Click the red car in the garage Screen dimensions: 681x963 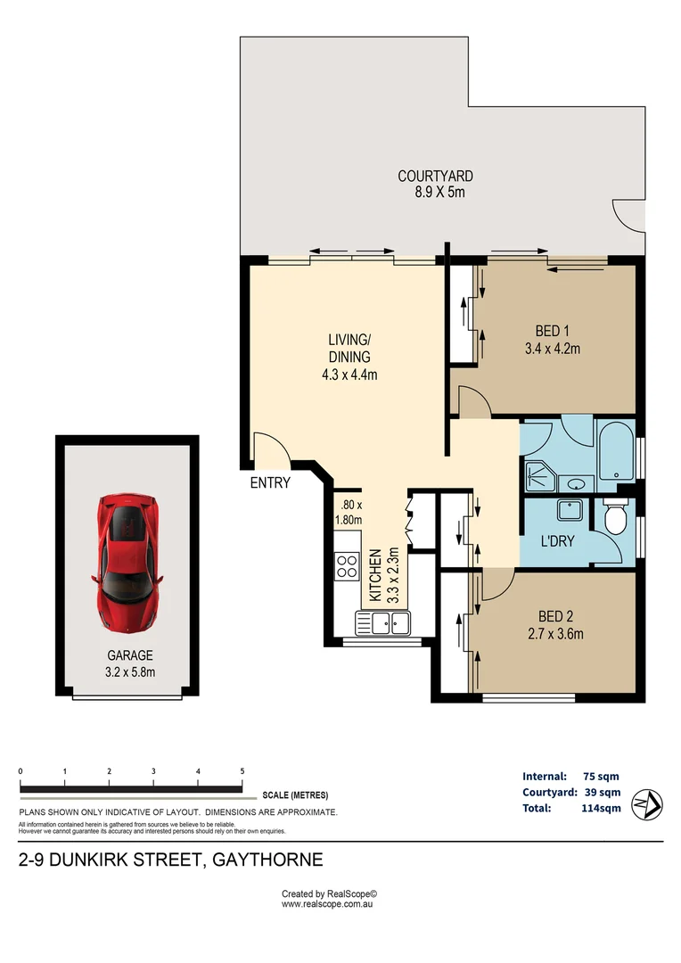point(127,564)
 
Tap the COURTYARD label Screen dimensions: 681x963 point(435,177)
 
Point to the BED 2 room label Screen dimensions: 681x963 point(555,616)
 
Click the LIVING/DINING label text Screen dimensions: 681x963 point(349,349)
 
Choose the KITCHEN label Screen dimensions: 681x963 point(375,575)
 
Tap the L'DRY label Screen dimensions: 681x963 point(557,541)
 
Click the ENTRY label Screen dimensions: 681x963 point(270,482)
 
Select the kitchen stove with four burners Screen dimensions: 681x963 point(347,566)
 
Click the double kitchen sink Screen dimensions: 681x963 point(382,623)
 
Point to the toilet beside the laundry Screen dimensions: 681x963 point(615,515)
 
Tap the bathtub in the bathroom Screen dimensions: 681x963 point(617,451)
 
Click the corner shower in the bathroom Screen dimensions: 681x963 point(540,477)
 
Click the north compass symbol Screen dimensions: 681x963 point(647,804)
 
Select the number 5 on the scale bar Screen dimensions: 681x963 point(242,771)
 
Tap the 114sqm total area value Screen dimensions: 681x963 point(601,808)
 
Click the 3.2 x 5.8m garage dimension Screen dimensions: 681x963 point(130,672)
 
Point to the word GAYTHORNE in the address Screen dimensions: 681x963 point(267,860)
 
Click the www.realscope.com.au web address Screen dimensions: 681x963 point(327,904)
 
